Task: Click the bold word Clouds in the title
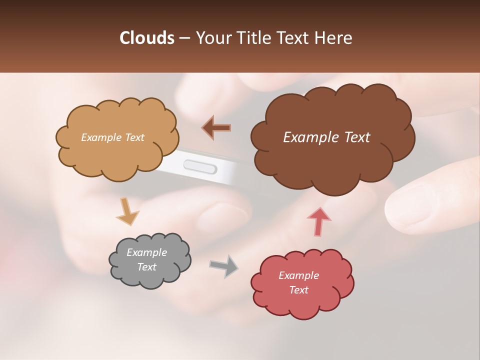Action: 146,38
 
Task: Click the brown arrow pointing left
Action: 216,127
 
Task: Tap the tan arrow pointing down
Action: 127,212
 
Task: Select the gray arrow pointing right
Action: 224,265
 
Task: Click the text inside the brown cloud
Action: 326,137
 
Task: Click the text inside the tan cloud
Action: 112,137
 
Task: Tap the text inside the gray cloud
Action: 146,259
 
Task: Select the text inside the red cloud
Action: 298,282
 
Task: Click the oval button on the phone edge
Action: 200,166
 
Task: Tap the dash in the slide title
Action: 183,38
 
